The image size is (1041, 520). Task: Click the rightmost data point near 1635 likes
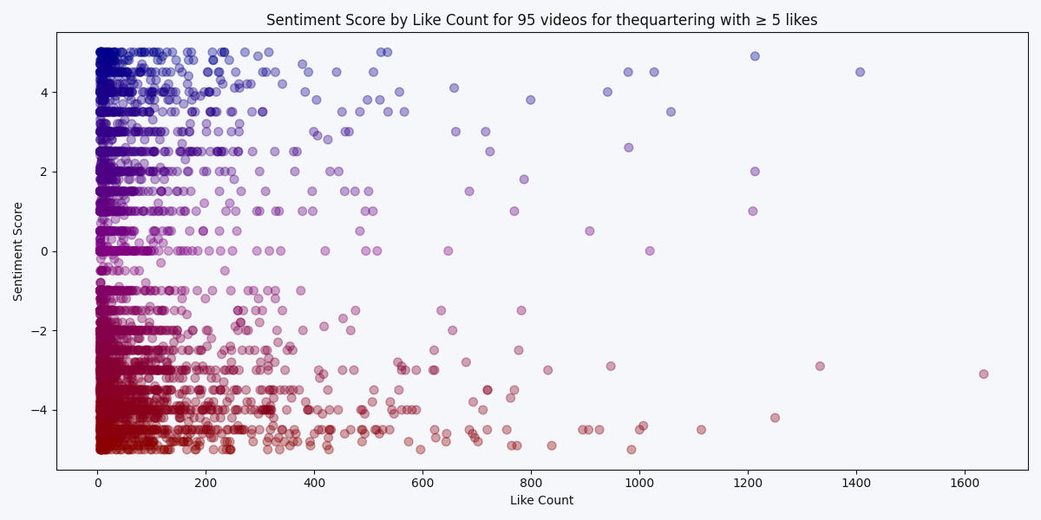(983, 374)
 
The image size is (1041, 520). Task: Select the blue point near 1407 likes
(860, 72)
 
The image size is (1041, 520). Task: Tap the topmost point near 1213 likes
(755, 56)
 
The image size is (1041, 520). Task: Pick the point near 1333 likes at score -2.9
(820, 366)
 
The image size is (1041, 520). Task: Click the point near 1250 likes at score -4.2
(775, 418)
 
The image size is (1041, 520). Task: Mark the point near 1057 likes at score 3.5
(671, 112)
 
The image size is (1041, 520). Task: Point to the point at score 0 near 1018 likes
(650, 251)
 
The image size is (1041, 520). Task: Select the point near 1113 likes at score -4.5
(701, 430)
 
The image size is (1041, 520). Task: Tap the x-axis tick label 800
(531, 483)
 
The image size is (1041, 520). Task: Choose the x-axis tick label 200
(206, 483)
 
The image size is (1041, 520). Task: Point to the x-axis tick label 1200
(748, 483)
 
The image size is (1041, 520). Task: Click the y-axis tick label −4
(76, 410)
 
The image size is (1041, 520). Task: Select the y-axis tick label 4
(79, 92)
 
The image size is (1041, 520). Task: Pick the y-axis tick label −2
(76, 331)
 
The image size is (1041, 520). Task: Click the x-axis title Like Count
(541, 501)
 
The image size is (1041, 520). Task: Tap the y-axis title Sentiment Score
(18, 251)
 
